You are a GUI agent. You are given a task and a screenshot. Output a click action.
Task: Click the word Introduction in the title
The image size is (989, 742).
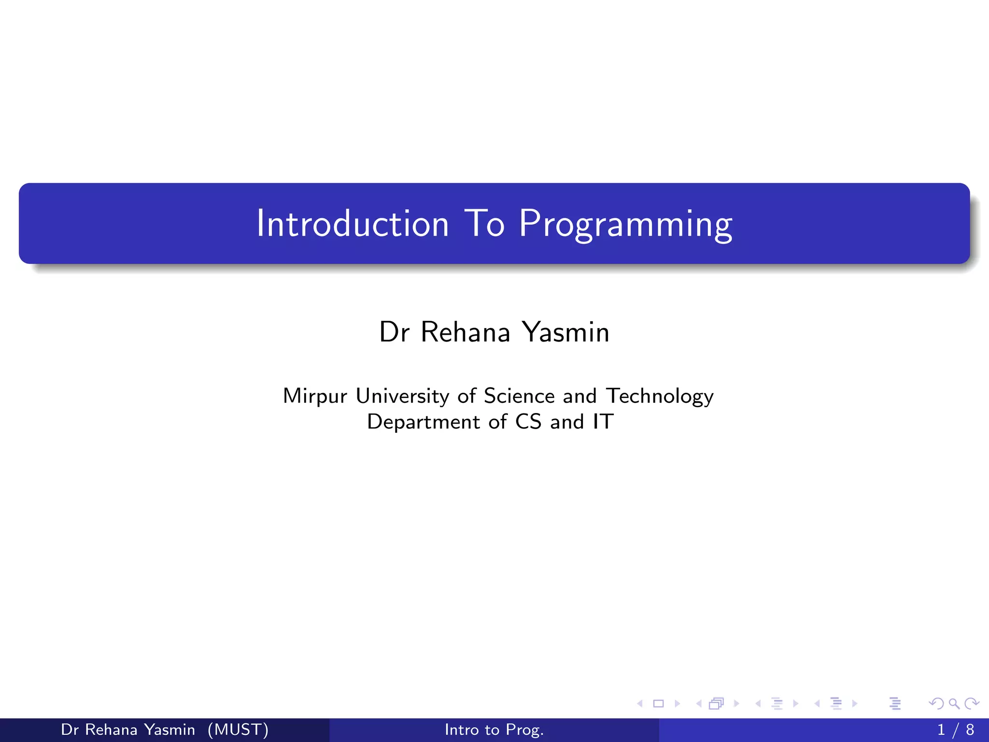[353, 224]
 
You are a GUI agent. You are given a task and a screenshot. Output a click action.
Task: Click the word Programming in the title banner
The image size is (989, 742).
[625, 224]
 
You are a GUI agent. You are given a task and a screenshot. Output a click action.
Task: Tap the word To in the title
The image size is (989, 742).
[484, 224]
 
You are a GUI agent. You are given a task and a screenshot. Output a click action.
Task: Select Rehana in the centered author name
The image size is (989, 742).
[465, 332]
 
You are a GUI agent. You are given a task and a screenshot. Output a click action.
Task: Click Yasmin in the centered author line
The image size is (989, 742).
[566, 332]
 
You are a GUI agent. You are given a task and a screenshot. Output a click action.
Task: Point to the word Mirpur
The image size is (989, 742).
[315, 396]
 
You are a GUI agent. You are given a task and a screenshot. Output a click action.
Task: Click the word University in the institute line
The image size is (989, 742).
[402, 396]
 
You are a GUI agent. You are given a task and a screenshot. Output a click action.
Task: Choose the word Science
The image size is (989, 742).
[519, 396]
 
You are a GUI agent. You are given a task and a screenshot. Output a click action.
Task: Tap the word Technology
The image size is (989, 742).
[660, 396]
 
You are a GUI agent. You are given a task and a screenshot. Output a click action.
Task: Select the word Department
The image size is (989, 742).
[424, 422]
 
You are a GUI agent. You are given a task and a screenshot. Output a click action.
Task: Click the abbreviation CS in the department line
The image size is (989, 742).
[528, 422]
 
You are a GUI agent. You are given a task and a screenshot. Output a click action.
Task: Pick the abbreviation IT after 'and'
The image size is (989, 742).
[603, 422]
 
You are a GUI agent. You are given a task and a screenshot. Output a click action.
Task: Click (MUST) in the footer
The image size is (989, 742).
[238, 729]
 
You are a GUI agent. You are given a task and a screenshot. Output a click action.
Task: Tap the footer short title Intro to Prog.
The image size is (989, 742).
[494, 729]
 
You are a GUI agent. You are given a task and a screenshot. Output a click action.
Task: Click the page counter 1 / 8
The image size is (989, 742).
[955, 729]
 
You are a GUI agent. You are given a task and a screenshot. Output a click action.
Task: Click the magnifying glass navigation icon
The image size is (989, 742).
[954, 704]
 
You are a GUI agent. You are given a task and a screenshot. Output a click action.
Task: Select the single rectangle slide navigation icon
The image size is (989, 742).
[658, 704]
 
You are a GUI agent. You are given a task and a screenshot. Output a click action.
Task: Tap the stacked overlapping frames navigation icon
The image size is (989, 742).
[716, 704]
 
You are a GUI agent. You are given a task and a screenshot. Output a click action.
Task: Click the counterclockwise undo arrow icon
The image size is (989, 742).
[936, 704]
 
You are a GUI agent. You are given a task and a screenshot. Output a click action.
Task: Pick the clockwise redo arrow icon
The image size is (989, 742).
[971, 704]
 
